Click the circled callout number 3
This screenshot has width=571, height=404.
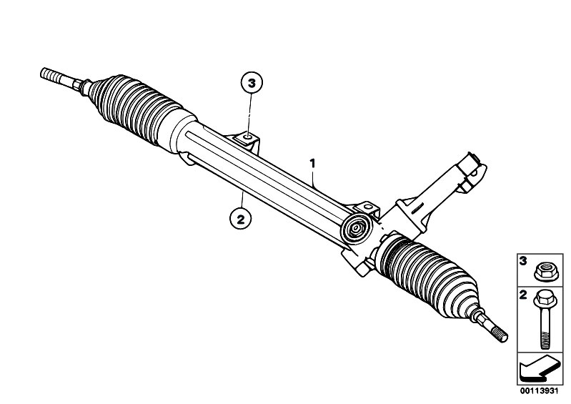(x=252, y=83)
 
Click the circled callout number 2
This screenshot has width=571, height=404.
(x=240, y=219)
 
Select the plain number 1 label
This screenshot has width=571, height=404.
(x=312, y=163)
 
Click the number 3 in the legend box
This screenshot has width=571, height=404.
(x=523, y=261)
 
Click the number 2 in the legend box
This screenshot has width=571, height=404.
(x=523, y=295)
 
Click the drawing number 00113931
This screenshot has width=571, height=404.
(x=539, y=391)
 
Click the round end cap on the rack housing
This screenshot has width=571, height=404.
(x=355, y=228)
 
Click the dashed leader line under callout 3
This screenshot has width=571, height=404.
(x=250, y=114)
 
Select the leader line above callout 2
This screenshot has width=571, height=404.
(x=242, y=200)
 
